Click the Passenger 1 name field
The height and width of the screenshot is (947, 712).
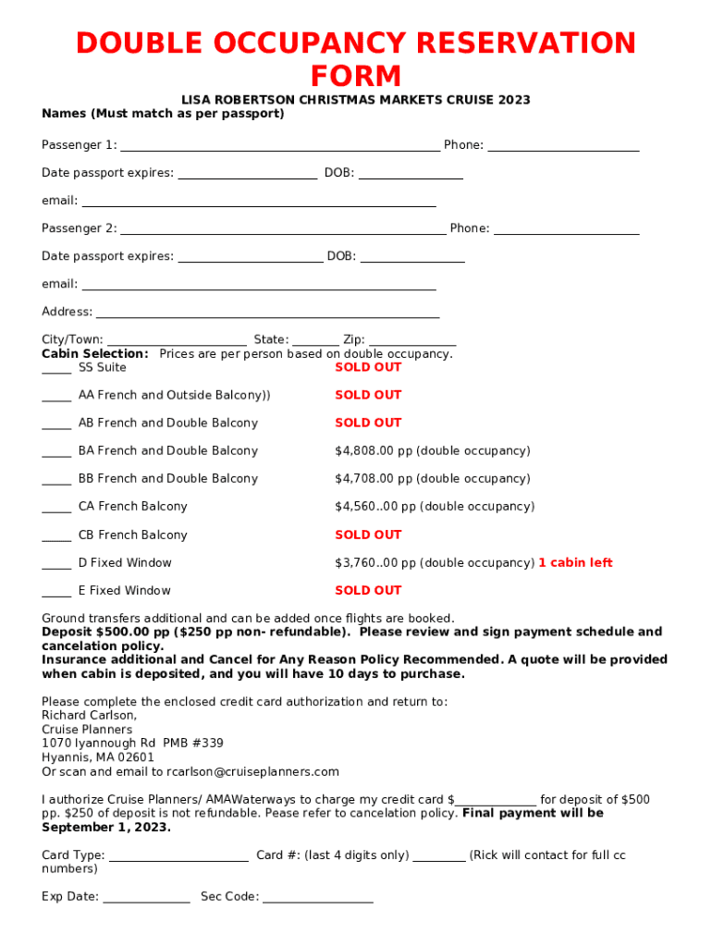click(280, 146)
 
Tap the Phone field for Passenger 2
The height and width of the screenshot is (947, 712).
click(566, 229)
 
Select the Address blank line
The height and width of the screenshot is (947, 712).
click(267, 314)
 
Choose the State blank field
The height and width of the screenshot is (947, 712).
click(316, 341)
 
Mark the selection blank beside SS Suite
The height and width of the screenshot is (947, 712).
click(56, 369)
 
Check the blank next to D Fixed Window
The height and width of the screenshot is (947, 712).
click(56, 564)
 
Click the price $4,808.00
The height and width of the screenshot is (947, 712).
click(374, 451)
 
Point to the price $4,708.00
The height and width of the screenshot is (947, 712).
click(374, 479)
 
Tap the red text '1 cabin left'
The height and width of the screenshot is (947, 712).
click(575, 563)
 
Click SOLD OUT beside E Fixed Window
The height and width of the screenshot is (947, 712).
click(368, 591)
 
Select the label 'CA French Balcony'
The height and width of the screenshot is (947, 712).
click(133, 507)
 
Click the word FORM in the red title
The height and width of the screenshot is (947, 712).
click(355, 76)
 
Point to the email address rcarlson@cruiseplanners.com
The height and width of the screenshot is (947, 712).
click(252, 772)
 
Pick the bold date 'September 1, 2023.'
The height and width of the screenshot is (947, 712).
click(106, 828)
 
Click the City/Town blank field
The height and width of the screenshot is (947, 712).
click(177, 341)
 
